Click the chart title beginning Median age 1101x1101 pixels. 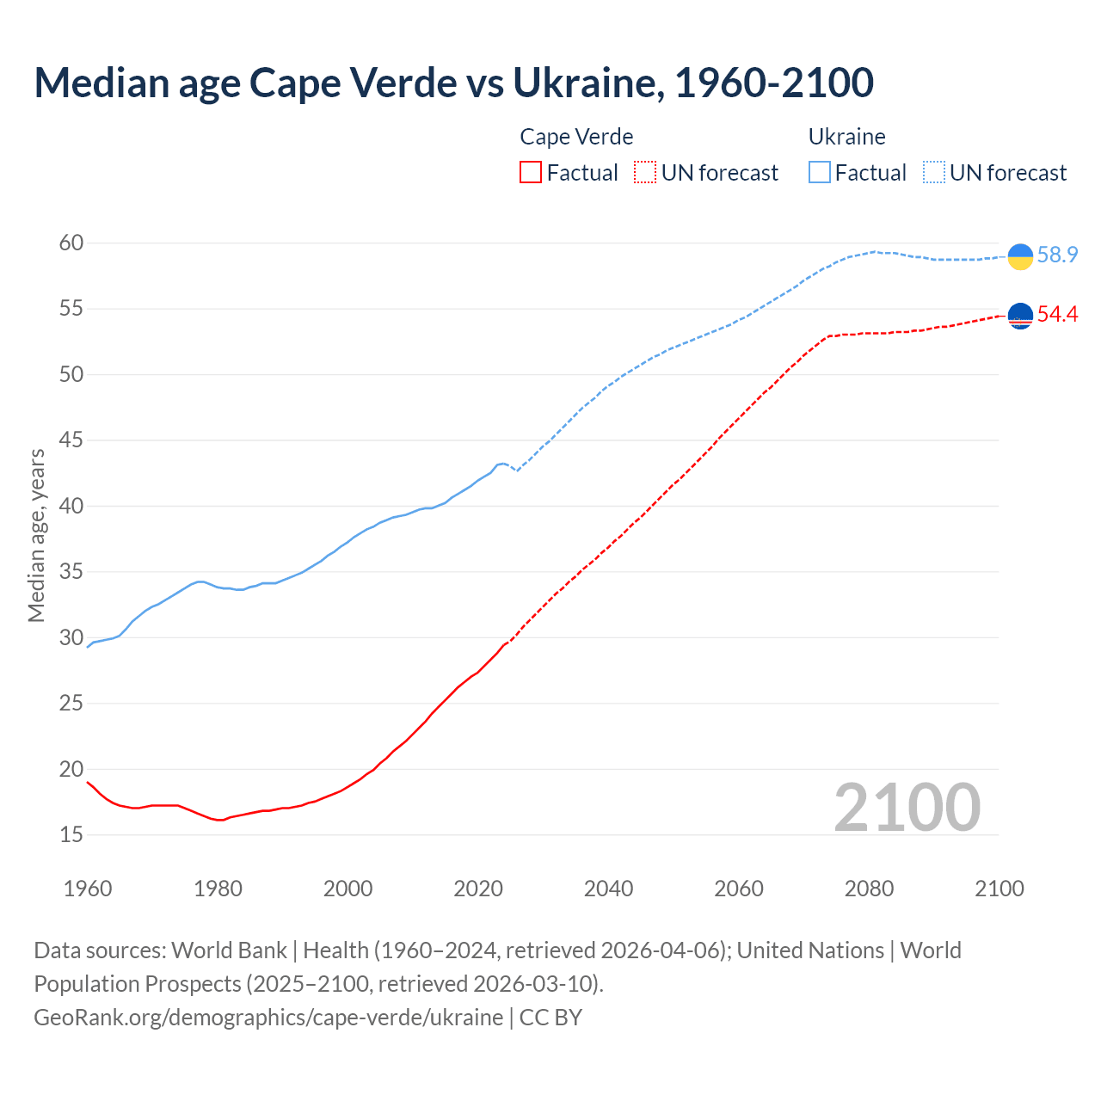point(453,83)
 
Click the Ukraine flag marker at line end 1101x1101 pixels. point(1020,256)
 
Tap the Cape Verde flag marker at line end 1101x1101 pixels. point(1020,316)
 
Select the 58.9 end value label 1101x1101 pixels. point(1057,255)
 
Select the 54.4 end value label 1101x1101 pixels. point(1057,315)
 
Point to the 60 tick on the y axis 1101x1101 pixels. point(71,243)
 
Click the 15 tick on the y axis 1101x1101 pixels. point(71,835)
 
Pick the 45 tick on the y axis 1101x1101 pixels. point(71,440)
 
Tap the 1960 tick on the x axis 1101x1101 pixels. point(88,889)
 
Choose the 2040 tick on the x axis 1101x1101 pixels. point(608,889)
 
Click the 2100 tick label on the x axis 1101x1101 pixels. point(999,889)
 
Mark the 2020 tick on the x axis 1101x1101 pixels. point(478,889)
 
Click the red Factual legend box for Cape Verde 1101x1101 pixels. point(531,173)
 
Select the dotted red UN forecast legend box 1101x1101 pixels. point(645,173)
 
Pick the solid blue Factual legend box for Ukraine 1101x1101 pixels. point(820,173)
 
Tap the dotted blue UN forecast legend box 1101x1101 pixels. point(934,173)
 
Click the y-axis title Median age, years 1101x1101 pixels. point(36,535)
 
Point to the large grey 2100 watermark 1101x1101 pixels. point(907,808)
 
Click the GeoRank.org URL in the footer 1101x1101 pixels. point(268,1018)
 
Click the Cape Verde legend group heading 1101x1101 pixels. point(576,137)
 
